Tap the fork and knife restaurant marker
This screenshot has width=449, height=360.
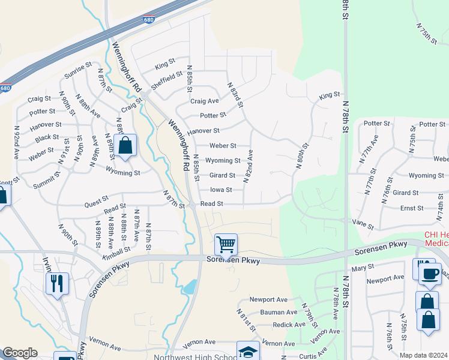57,283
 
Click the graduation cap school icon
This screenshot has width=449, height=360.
247,352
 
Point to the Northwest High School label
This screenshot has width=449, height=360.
187,357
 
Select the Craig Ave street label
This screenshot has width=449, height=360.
205,101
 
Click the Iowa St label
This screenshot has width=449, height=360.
220,190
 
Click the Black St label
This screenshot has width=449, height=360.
47,137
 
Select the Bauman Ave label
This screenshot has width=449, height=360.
279,312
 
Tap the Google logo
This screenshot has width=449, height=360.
20,353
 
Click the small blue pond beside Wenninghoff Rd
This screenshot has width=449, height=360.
190,287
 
